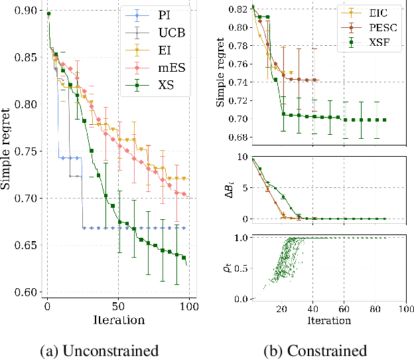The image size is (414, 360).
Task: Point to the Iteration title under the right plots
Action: pos(328,320)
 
